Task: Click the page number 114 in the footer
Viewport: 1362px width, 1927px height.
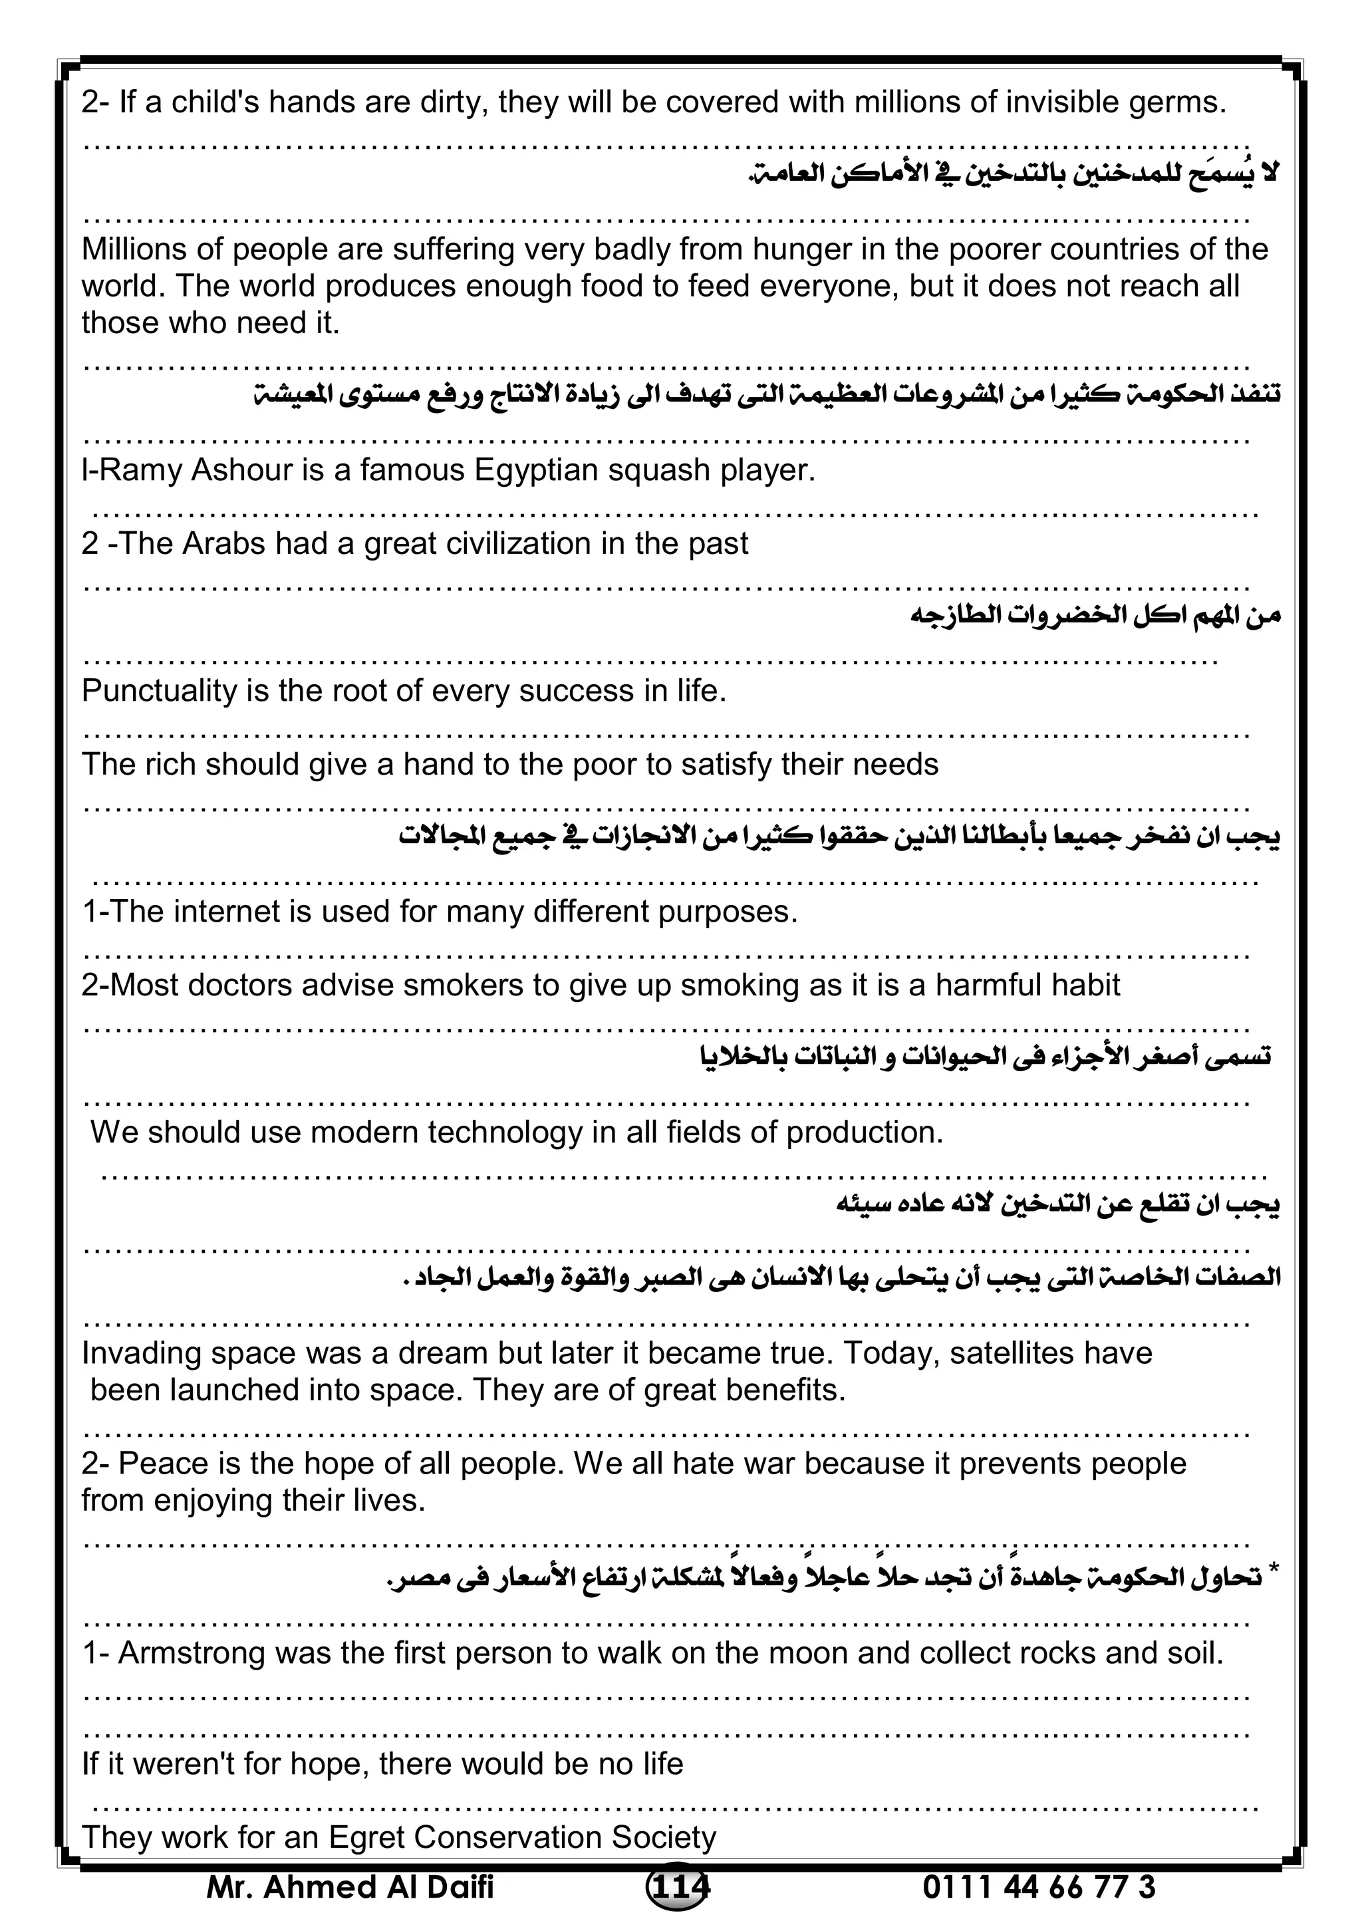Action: [x=678, y=1886]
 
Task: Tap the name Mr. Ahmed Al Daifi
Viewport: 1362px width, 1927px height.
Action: [x=350, y=1886]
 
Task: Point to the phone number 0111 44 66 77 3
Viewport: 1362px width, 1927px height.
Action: [x=1039, y=1886]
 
